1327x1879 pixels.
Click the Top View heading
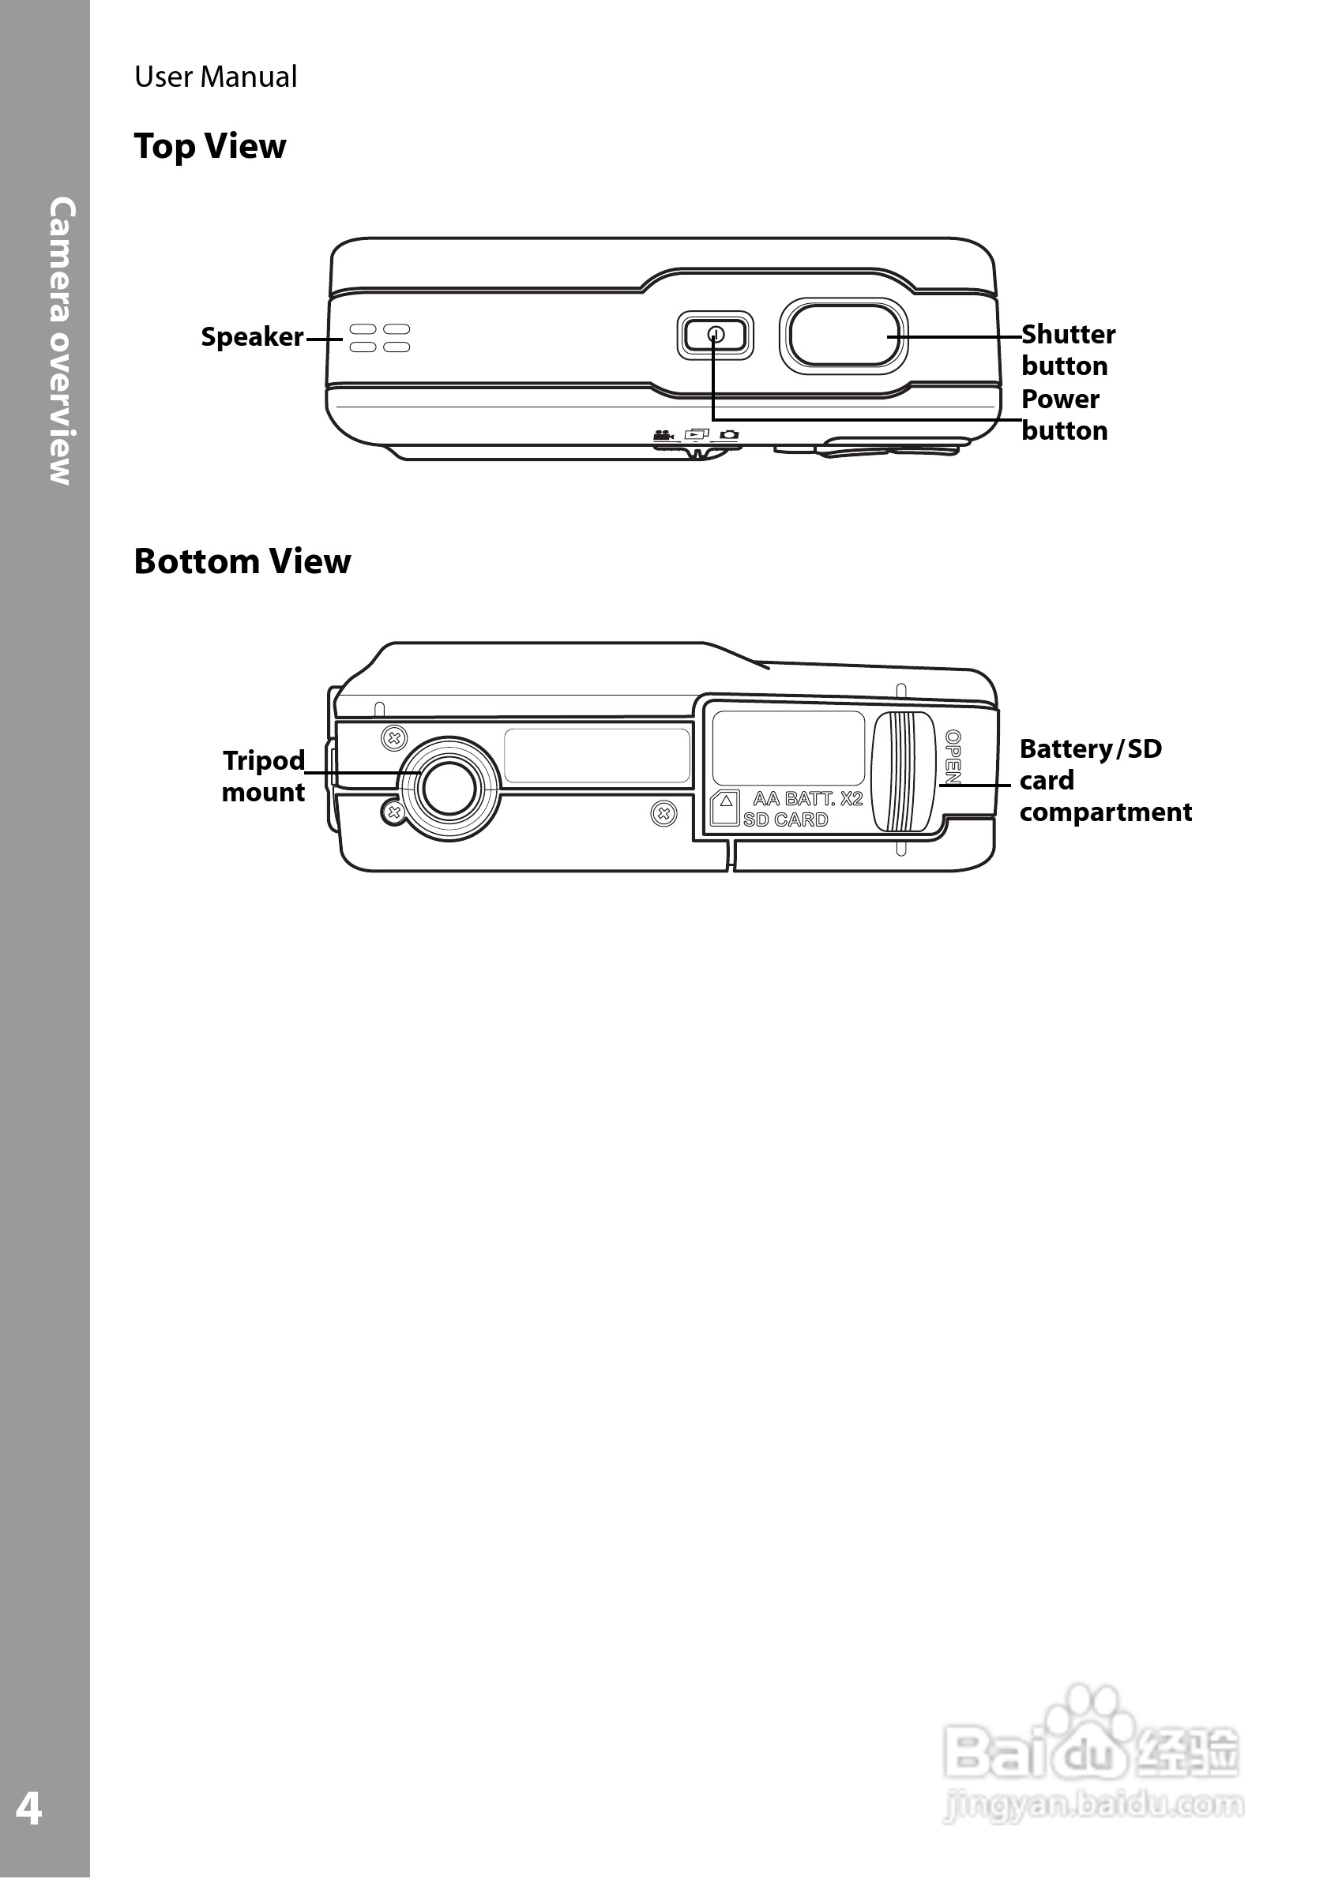[209, 148]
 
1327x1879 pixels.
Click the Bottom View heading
[242, 562]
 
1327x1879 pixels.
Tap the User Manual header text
[216, 77]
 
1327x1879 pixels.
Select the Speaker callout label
[251, 337]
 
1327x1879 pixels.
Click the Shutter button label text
[1067, 351]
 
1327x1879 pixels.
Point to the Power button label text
[1063, 415]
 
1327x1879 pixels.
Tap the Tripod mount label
[263, 776]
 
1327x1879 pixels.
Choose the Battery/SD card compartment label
[1104, 780]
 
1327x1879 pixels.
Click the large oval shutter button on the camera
[843, 336]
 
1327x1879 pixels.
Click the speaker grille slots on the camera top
[380, 338]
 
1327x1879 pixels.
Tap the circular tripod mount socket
[449, 788]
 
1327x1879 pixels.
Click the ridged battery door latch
[903, 772]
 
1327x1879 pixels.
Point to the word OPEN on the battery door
[953, 757]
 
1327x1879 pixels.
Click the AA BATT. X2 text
[807, 799]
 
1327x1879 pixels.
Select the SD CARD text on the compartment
[785, 820]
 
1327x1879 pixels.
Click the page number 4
[28, 1809]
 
